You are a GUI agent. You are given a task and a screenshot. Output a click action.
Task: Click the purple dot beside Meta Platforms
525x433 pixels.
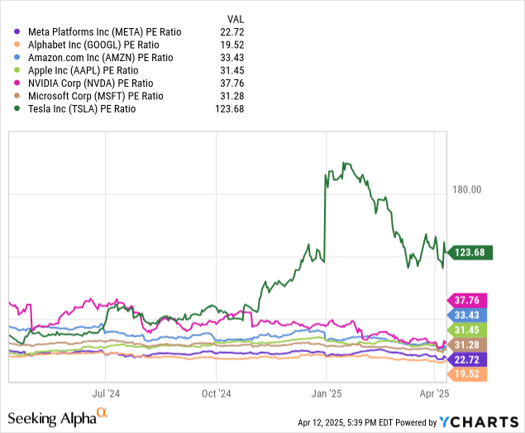17,31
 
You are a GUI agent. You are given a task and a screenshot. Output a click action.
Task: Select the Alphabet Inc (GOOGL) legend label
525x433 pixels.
93,45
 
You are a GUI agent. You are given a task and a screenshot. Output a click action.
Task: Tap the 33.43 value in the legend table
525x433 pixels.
232,58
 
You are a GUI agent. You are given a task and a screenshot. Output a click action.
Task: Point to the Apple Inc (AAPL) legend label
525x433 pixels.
83,70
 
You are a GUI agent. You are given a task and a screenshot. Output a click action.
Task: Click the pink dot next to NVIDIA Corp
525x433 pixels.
17,83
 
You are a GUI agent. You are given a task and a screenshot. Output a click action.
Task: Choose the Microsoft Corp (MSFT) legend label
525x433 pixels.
95,96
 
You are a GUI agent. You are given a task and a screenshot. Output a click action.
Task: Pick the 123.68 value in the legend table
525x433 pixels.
229,109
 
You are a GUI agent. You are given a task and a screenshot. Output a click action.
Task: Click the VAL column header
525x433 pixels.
236,19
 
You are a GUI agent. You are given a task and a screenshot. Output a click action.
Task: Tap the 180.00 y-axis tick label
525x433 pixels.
467,190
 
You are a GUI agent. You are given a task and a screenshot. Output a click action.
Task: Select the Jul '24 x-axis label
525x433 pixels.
106,393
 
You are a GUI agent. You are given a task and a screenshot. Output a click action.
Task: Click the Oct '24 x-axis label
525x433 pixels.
216,393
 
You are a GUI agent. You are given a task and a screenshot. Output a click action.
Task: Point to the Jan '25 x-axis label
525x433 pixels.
327,393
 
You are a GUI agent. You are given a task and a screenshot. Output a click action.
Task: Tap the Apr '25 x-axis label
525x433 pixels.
434,393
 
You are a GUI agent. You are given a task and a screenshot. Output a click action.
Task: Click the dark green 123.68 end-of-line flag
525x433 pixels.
470,252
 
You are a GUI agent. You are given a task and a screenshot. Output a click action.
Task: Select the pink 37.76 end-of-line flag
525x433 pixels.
467,300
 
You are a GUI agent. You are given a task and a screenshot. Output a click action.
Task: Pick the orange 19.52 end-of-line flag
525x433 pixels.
467,374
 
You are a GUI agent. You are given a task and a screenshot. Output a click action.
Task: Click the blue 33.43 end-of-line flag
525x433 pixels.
467,315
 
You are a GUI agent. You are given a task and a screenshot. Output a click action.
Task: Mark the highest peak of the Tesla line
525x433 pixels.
344,163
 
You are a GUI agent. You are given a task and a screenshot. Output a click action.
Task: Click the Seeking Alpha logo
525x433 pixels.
58,417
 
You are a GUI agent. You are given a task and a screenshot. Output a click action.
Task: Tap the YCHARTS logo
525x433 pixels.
479,422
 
